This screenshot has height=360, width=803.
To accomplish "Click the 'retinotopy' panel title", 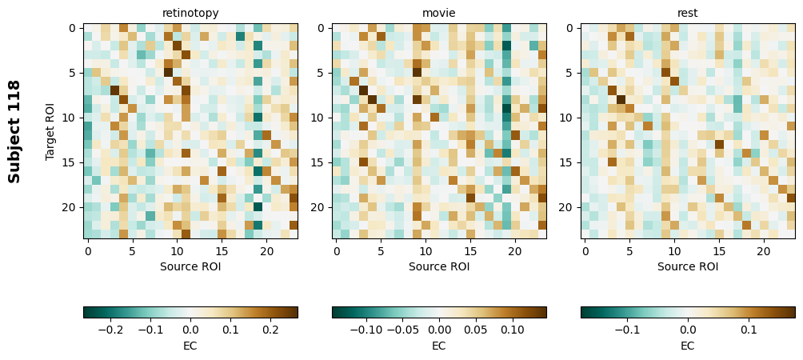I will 190,13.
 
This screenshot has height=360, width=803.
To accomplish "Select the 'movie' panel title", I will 439,13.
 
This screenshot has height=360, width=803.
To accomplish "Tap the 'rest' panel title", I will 688,13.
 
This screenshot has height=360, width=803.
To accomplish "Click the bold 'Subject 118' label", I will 14,131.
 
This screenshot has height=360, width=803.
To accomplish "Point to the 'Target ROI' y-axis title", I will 50,131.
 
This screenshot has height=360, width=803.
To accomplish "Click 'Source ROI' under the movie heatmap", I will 439,266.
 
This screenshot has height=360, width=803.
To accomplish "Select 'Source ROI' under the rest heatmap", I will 688,266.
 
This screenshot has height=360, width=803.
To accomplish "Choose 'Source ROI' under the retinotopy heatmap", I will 190,266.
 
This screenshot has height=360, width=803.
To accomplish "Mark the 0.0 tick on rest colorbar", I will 688,328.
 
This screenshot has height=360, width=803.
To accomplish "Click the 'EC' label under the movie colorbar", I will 439,346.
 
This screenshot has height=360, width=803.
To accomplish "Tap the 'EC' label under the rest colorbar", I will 688,346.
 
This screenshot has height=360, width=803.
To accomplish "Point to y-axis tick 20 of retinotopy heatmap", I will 70,207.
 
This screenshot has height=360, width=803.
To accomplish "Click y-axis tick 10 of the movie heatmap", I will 319,118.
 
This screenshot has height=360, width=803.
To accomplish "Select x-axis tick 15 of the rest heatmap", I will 719,250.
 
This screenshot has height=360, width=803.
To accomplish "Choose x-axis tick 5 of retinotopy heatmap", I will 132,250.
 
